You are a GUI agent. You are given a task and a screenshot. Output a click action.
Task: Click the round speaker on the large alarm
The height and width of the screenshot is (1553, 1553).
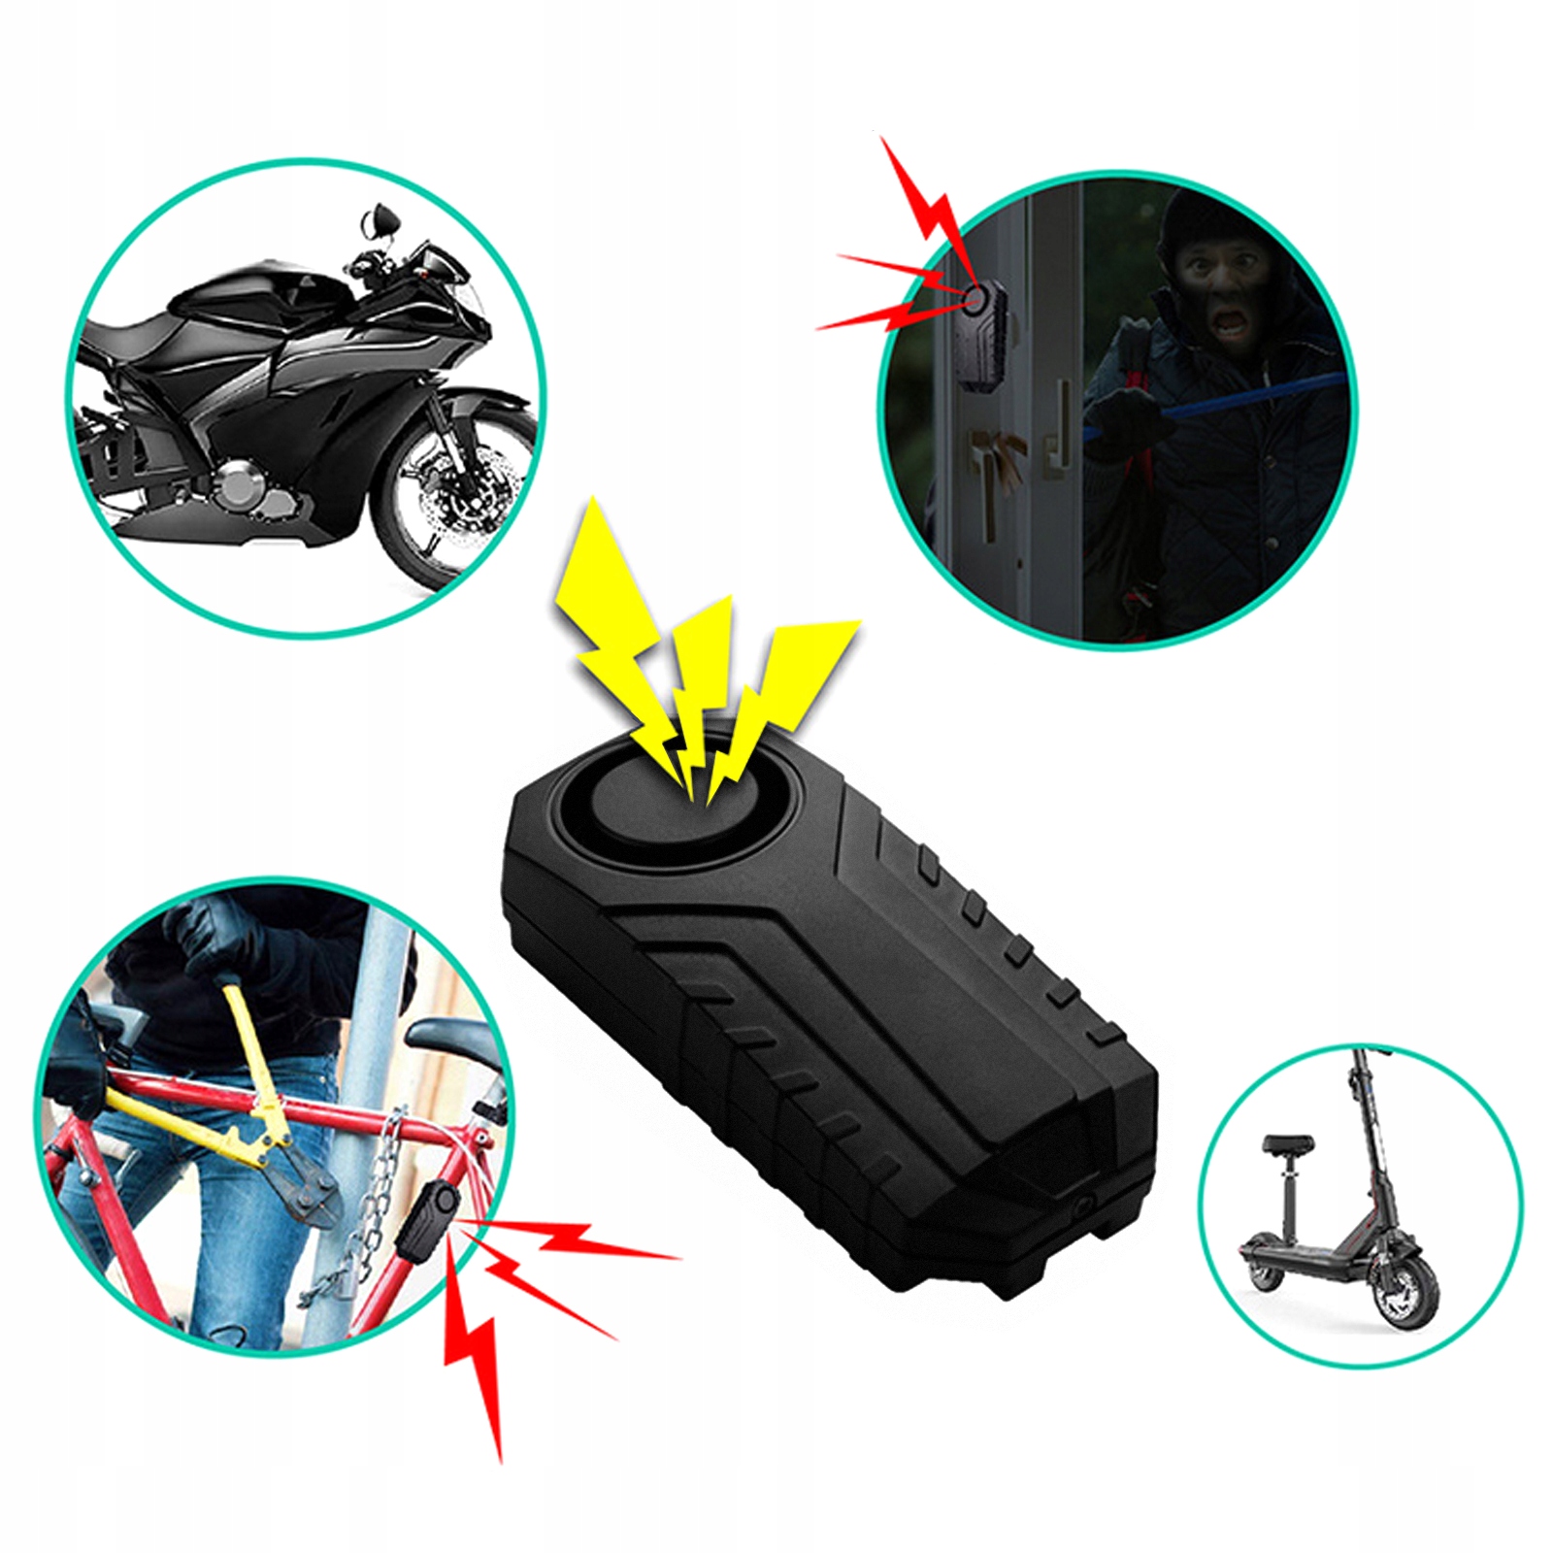pos(670,806)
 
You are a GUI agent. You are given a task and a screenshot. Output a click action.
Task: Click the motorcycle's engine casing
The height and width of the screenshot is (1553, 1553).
pos(243,485)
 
